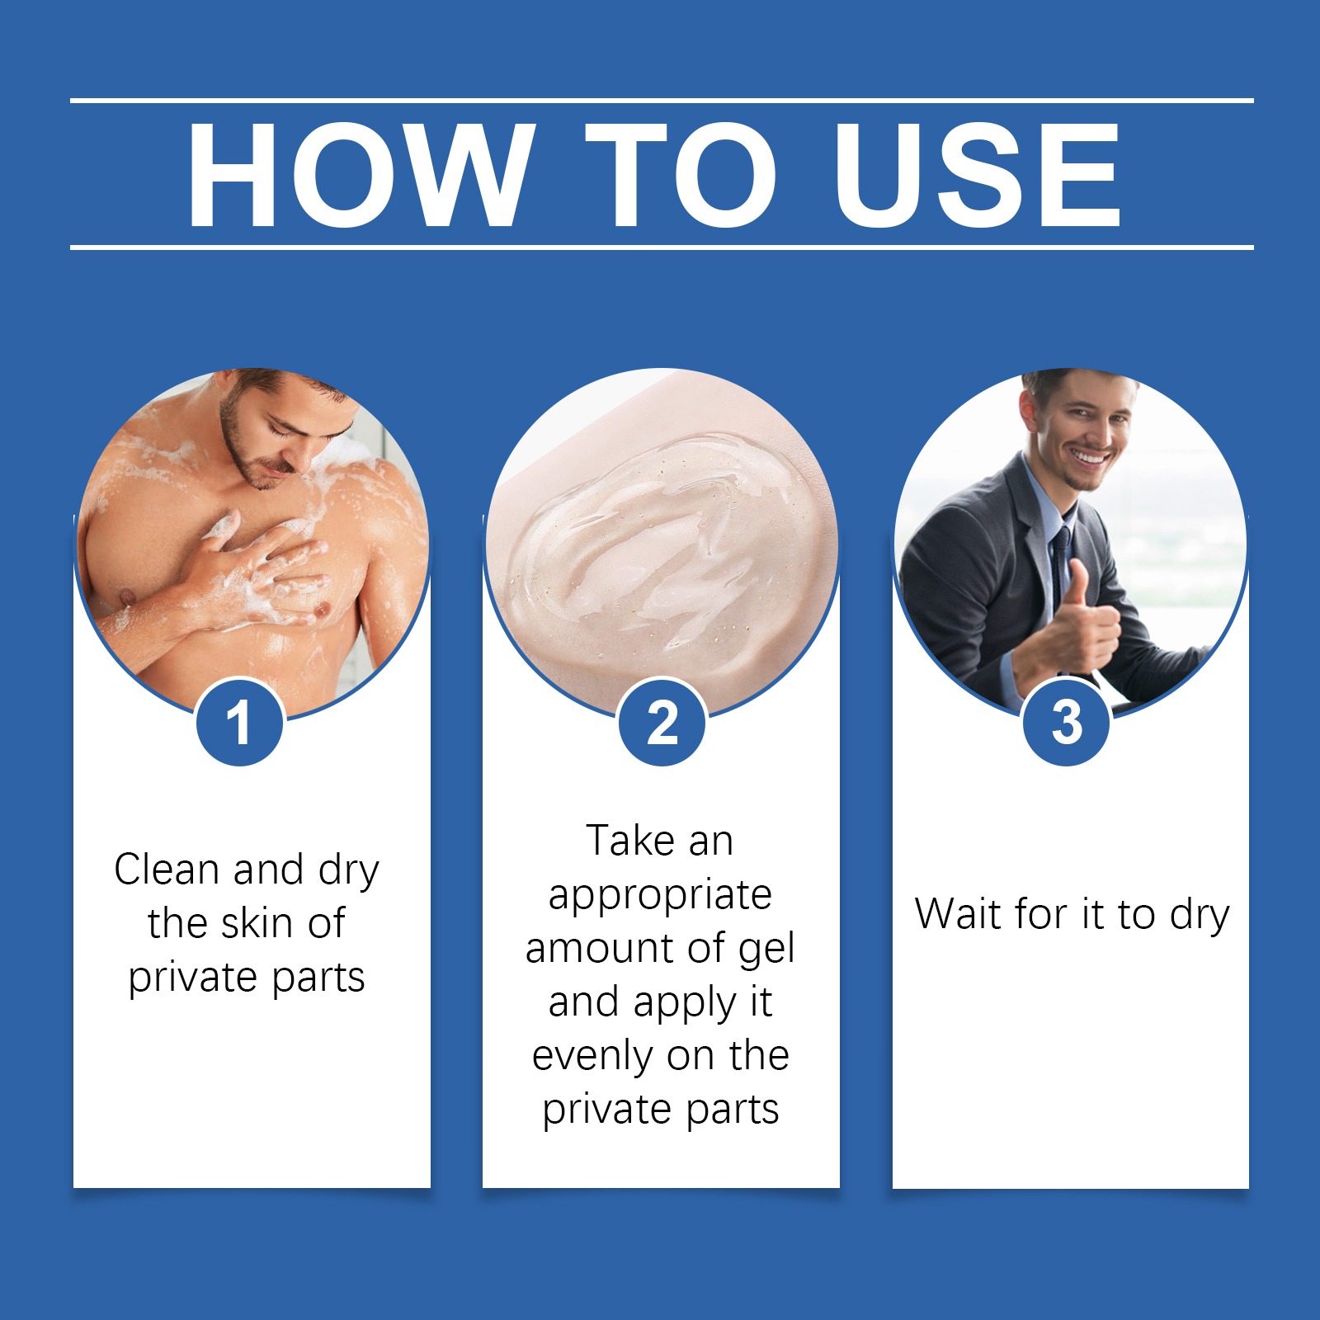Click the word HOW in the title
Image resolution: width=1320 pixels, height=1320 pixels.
361,174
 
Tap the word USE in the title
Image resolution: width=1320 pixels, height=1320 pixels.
978,174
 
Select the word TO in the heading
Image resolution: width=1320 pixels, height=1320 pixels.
681,174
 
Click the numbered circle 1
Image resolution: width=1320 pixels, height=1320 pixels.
240,723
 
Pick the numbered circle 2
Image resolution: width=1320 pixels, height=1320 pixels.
662,723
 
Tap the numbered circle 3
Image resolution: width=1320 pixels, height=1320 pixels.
1067,723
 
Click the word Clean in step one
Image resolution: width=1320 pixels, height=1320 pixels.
167,870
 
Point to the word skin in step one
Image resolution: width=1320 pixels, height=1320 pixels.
257,923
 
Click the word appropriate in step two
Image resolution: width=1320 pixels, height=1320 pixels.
660,896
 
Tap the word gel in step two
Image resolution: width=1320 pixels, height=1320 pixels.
766,950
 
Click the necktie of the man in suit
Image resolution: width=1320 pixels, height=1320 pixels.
1058,569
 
